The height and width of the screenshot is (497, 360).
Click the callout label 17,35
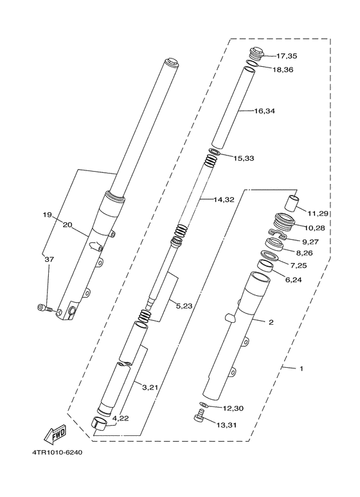(286, 56)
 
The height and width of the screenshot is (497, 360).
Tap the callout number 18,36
(283, 69)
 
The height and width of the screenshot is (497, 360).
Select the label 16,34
(265, 111)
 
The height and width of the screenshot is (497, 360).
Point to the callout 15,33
(244, 158)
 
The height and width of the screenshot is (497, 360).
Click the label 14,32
(224, 200)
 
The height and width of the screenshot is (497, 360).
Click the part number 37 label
(49, 260)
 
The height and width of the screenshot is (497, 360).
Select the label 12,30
(233, 408)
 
